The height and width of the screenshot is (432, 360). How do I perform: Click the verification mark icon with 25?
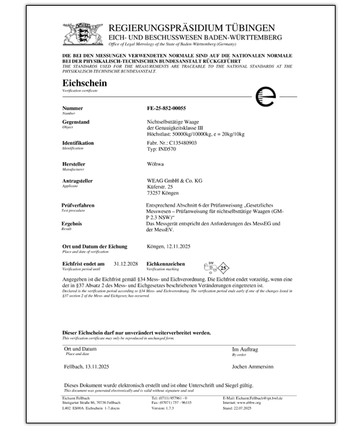coord(204,268)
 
